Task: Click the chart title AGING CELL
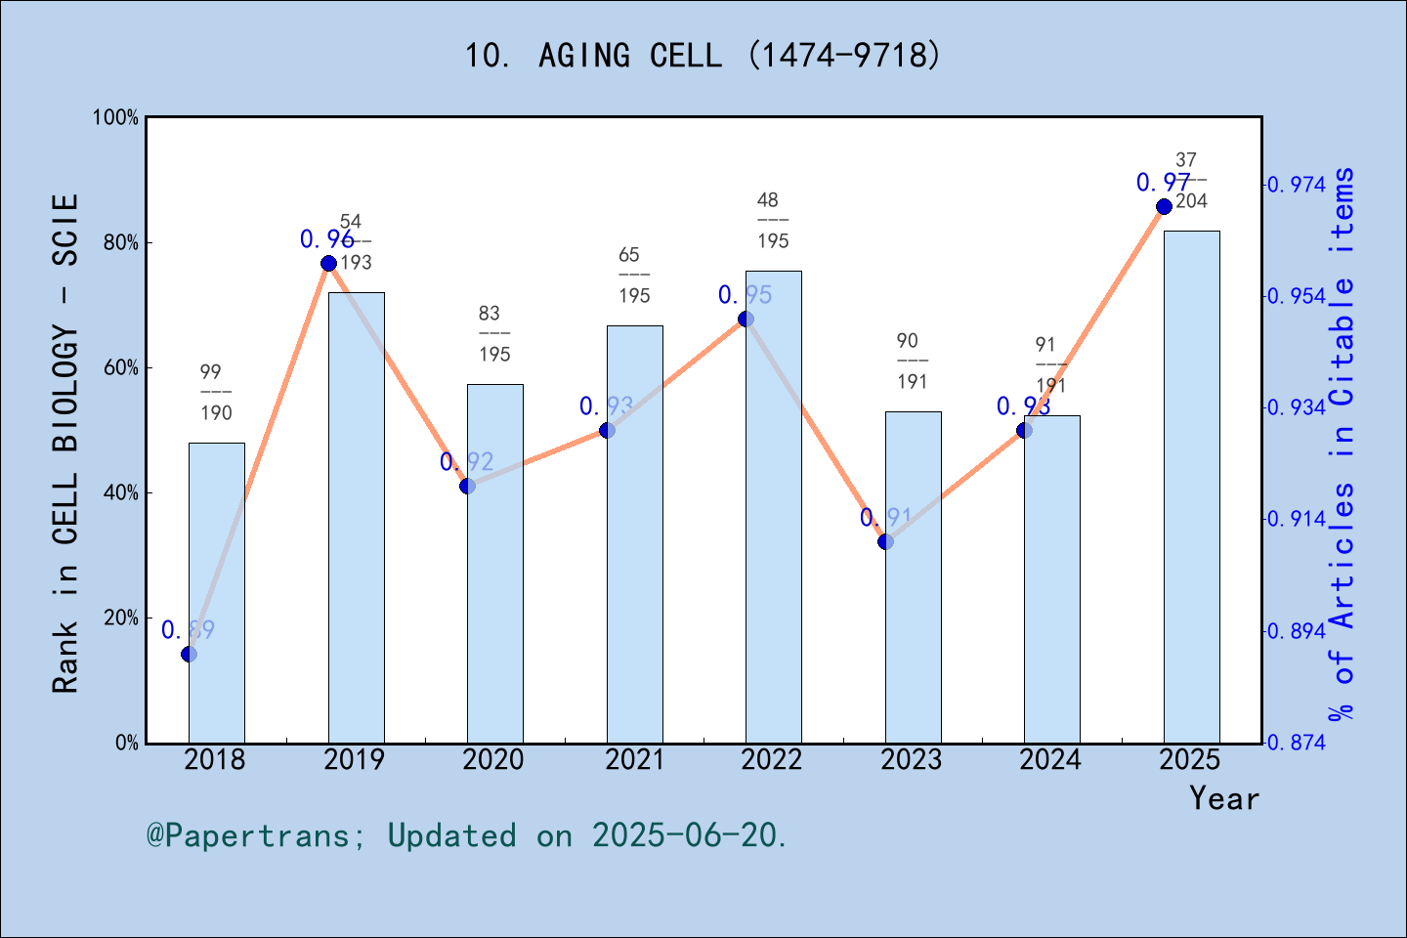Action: tap(703, 55)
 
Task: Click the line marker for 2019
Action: tap(328, 264)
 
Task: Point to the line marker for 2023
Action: tap(885, 541)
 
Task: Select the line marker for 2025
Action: tap(1164, 207)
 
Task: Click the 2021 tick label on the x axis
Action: tap(634, 760)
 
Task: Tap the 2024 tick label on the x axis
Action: tap(1050, 760)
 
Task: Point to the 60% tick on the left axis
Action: tap(121, 368)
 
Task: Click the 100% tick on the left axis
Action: tap(116, 118)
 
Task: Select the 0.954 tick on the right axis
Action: tap(1298, 296)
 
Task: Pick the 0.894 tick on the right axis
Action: tap(1298, 631)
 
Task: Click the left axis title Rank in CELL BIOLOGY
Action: tap(65, 445)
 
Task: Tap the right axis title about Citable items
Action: tap(1343, 445)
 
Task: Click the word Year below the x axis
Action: tap(1223, 799)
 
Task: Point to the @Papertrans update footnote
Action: tap(467, 836)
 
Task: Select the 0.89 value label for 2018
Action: tap(188, 630)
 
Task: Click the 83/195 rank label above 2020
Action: tap(493, 334)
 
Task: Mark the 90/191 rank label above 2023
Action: tap(912, 362)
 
